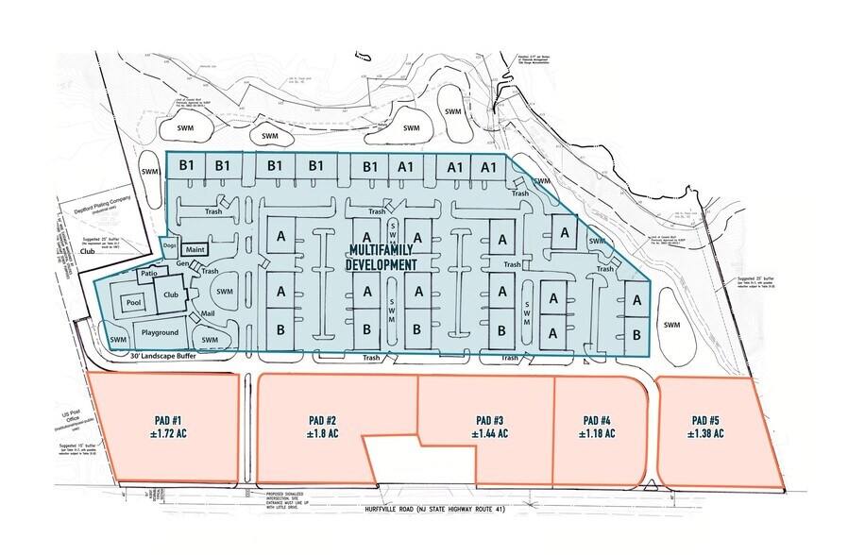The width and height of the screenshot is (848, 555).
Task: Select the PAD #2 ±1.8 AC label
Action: click(x=323, y=428)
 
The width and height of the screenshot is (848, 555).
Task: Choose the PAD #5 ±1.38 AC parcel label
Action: click(x=705, y=428)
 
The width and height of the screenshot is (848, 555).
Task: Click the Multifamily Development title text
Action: click(x=382, y=258)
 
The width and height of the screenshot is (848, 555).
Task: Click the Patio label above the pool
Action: click(x=149, y=274)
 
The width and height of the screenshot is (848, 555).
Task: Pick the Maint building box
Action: click(x=195, y=249)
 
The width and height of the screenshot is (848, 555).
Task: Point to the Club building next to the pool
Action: click(x=172, y=294)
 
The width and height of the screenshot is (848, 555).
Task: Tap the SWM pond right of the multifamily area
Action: click(x=671, y=325)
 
